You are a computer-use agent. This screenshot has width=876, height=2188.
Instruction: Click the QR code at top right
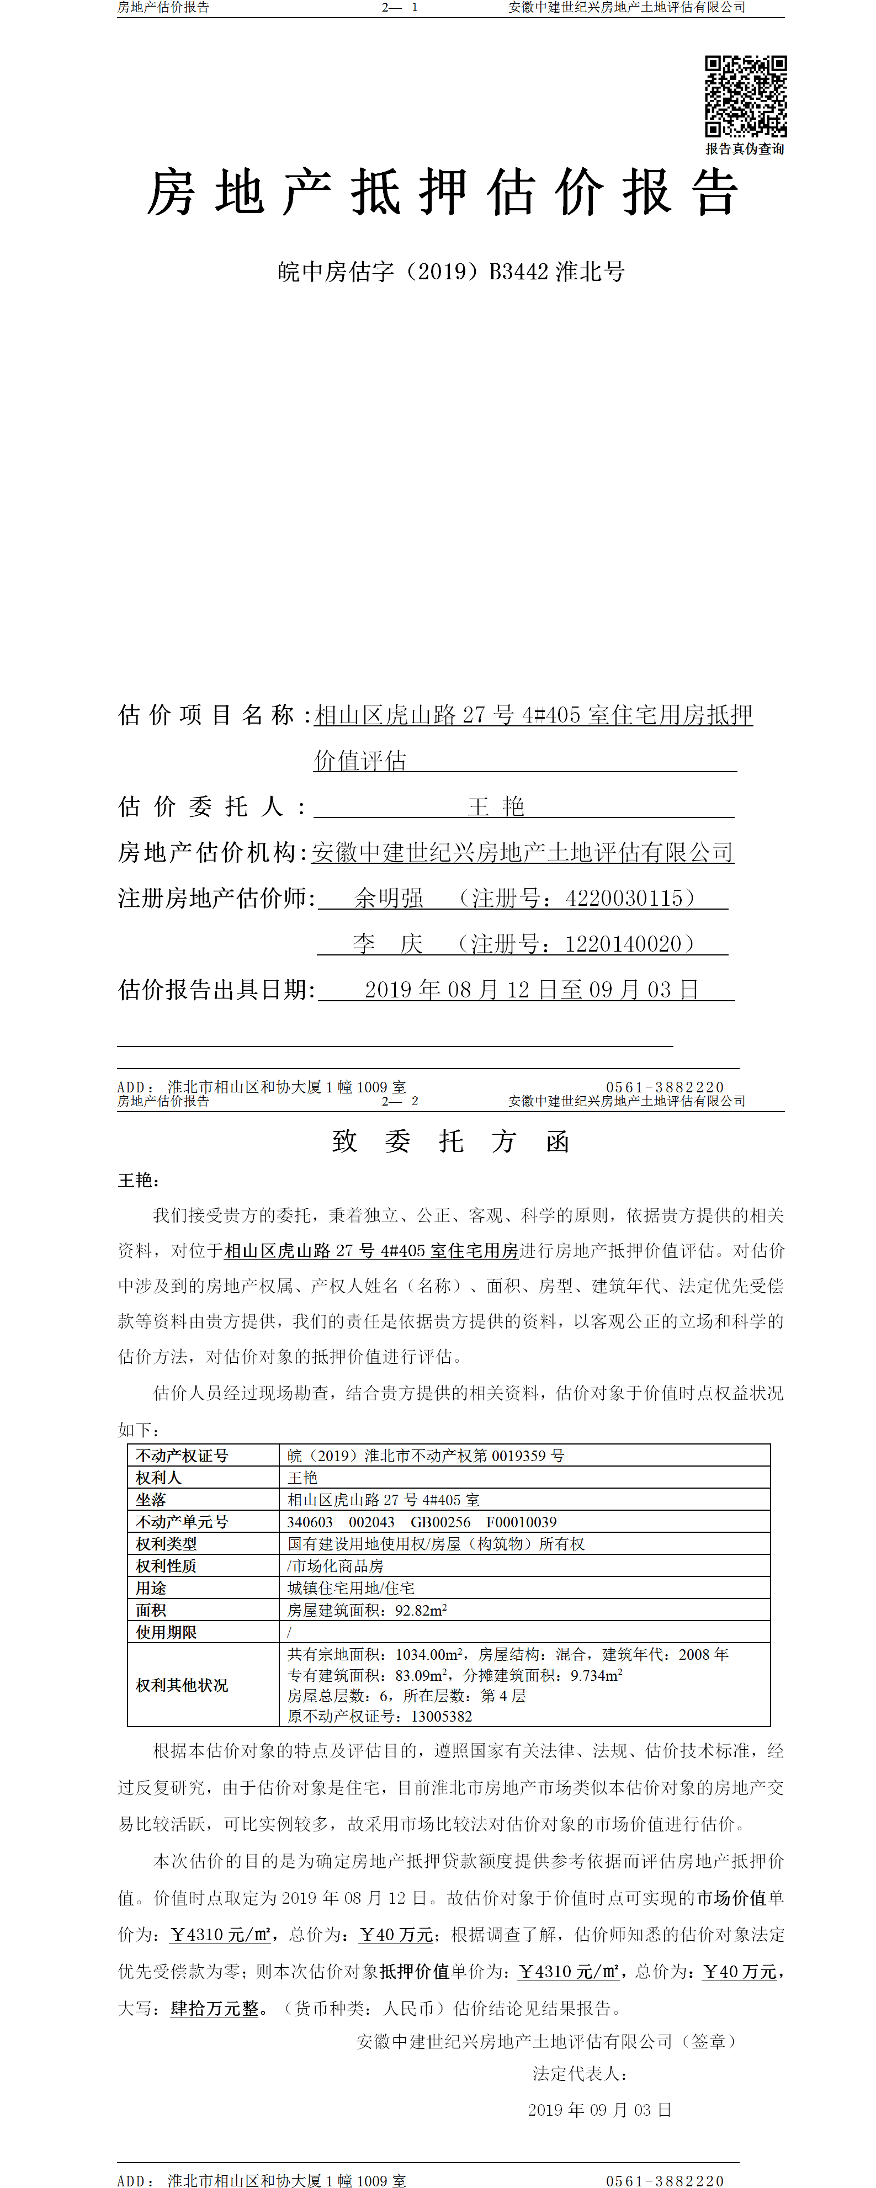(745, 96)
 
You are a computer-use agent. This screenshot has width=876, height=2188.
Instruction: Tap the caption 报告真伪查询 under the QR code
(744, 148)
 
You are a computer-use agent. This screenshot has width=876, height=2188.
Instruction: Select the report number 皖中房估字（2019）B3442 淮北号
(451, 272)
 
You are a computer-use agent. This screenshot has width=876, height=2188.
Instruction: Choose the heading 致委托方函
(450, 1141)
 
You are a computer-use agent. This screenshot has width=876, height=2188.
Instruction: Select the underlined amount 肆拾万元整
(214, 2008)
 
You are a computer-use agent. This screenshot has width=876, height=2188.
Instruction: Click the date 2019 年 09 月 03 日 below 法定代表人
(599, 2110)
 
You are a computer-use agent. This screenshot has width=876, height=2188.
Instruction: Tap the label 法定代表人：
(580, 2073)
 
